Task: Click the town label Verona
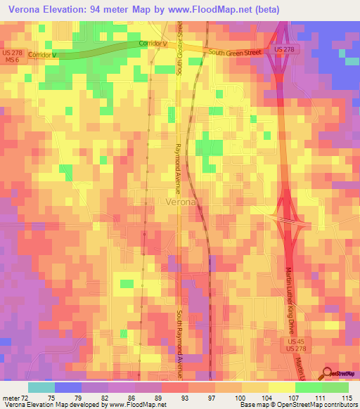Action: click(183, 202)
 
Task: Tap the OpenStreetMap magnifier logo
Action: click(328, 375)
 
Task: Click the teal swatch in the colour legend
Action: click(41, 387)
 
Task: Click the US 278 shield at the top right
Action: click(283, 51)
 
